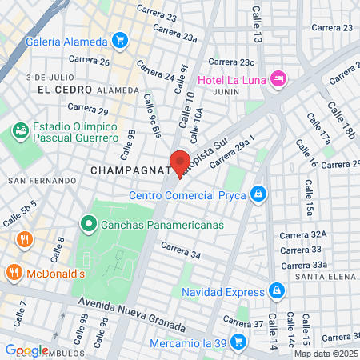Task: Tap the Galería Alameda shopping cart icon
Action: point(120,39)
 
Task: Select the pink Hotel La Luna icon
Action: point(278,78)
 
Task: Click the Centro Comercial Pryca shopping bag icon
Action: point(258,194)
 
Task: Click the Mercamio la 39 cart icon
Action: point(238,342)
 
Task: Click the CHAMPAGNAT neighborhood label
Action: point(128,170)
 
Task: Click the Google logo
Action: point(26,350)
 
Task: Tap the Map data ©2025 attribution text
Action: point(325,354)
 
